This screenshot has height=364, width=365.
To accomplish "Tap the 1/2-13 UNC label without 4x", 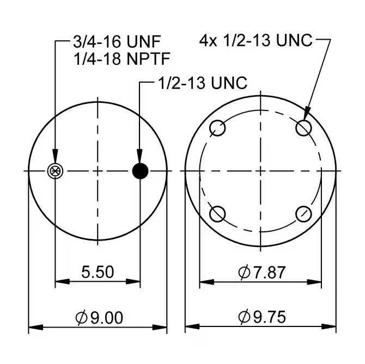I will pos(202,83).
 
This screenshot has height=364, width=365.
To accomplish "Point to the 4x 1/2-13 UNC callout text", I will pos(256,40).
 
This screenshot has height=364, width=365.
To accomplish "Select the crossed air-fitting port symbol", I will pos(55,171).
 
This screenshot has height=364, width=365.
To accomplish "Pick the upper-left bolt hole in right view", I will pos(218,128).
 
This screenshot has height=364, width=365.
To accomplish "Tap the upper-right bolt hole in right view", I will pos(303,128).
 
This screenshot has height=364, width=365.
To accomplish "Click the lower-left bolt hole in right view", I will pos(218,214).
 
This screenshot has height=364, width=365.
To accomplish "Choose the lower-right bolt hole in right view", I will pos(303,214).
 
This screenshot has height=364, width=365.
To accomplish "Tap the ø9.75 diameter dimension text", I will pos(261,316).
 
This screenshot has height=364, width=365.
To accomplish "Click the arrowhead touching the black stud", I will pos(141,157).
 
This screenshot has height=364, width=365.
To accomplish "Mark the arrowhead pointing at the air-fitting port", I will pos(55,157).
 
